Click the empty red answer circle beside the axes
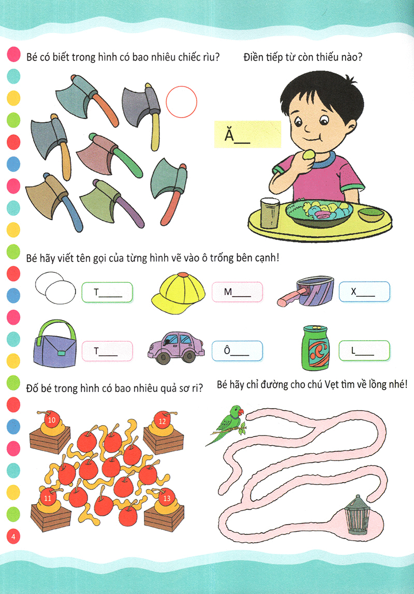[x=182, y=102]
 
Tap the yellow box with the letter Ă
[x=247, y=134]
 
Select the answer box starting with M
[x=237, y=292]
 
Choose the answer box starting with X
[x=364, y=292]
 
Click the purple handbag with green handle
[x=55, y=343]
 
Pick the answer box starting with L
[x=364, y=351]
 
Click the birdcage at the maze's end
[x=357, y=514]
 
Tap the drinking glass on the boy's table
[x=269, y=212]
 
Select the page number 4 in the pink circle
[x=13, y=536]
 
